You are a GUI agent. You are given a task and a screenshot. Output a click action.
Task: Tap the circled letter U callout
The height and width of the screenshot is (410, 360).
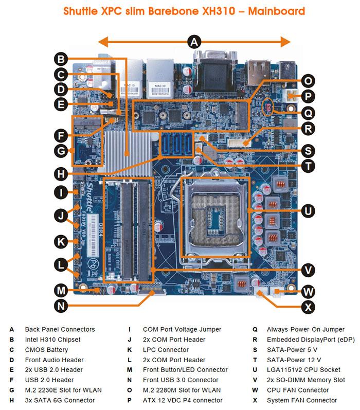point(309,210)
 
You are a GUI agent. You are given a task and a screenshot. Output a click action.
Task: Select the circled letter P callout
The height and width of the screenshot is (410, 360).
point(308,96)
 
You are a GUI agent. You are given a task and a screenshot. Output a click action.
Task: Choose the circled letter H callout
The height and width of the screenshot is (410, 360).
point(61,171)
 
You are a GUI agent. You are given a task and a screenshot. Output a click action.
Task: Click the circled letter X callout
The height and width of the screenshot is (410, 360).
point(308,307)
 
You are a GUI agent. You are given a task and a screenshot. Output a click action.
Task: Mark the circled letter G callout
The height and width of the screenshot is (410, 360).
point(61,151)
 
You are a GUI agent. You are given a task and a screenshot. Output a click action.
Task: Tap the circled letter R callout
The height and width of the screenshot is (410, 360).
point(308,129)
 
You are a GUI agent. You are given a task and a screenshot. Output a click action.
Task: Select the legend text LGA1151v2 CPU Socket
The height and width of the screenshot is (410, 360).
point(303,369)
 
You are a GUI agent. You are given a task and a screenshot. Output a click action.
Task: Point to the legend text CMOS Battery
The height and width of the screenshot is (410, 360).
point(46,350)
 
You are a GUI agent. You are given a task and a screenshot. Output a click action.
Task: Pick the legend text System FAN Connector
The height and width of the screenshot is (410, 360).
point(302,400)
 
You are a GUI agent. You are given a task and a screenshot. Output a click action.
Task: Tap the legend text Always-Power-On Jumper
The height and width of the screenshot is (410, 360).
point(305,329)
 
